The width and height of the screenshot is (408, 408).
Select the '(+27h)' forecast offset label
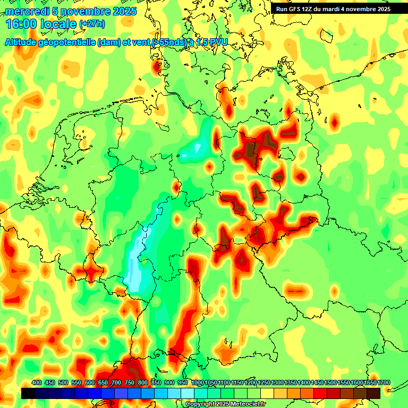click(92, 24)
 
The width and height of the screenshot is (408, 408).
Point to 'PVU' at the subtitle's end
click(216, 42)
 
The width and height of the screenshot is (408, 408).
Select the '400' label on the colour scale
click(37, 383)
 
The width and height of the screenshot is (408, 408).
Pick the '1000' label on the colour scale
click(197, 383)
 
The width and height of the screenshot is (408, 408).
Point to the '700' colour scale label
click(116, 383)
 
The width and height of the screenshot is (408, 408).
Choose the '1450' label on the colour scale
click(317, 383)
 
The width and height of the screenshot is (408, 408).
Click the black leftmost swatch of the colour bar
click(28, 393)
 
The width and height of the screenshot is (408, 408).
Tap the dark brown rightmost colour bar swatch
click(373, 393)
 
